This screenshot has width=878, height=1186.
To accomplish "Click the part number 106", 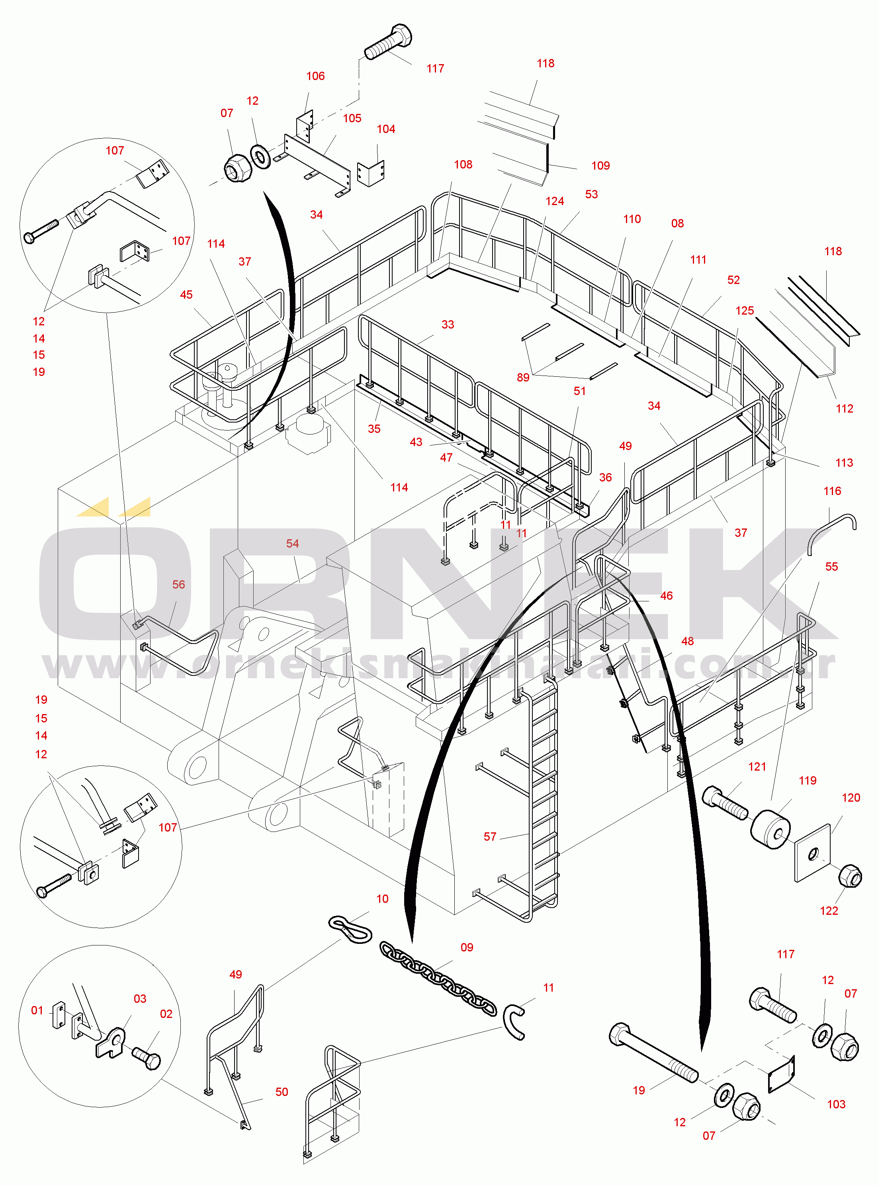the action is [315, 76].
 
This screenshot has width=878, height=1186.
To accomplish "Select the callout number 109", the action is [600, 165].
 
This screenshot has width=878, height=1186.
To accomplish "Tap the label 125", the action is [745, 311].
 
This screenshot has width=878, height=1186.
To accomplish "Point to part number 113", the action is [844, 462].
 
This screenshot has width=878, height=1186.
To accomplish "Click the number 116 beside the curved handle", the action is [832, 491].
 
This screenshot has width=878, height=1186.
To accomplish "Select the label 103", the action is [836, 1104].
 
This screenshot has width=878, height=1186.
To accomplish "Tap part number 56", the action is [178, 584].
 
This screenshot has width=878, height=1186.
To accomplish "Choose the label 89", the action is [523, 377].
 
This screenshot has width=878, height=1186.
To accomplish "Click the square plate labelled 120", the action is [813, 853].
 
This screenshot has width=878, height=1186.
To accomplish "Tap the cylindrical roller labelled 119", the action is [770, 829].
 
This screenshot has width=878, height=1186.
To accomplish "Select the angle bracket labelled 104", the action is [371, 173].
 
